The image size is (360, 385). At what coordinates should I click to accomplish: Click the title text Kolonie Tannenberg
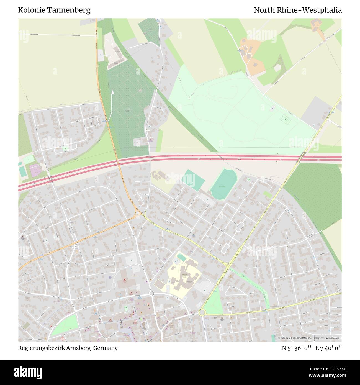point(54,10)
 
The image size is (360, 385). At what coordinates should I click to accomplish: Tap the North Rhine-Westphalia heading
point(298,10)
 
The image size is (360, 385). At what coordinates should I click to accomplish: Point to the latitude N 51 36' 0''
point(297,348)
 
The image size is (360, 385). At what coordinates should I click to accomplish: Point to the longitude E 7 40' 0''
point(329,348)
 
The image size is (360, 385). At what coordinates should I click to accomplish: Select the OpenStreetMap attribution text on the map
point(310,338)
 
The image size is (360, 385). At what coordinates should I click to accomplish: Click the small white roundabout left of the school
point(151,293)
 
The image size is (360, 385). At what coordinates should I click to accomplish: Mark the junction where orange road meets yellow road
point(138,214)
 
